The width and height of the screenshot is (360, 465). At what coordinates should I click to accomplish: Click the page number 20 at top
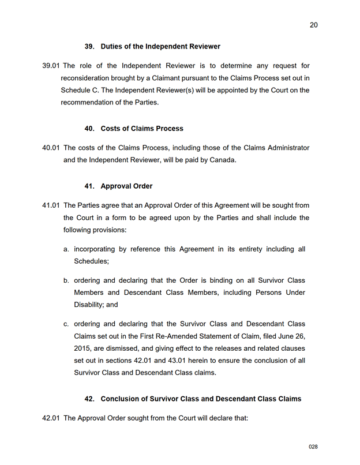[313, 25]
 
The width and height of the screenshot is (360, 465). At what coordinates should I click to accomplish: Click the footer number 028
[313, 447]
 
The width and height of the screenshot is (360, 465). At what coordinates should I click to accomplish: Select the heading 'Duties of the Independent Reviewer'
[160, 46]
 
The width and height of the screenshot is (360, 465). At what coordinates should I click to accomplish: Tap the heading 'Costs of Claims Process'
[142, 128]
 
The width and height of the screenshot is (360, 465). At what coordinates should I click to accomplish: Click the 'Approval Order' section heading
[126, 186]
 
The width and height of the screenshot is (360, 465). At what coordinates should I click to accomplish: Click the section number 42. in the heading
[89, 399]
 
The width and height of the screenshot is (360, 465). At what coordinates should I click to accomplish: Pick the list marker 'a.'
[67, 249]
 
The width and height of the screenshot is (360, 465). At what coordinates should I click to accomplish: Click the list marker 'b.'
[67, 280]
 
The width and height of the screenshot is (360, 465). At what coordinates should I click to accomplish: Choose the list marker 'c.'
[67, 324]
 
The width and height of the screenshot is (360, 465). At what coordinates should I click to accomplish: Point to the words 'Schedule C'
[81, 90]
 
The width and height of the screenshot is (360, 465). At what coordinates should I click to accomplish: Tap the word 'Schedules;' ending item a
[91, 261]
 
